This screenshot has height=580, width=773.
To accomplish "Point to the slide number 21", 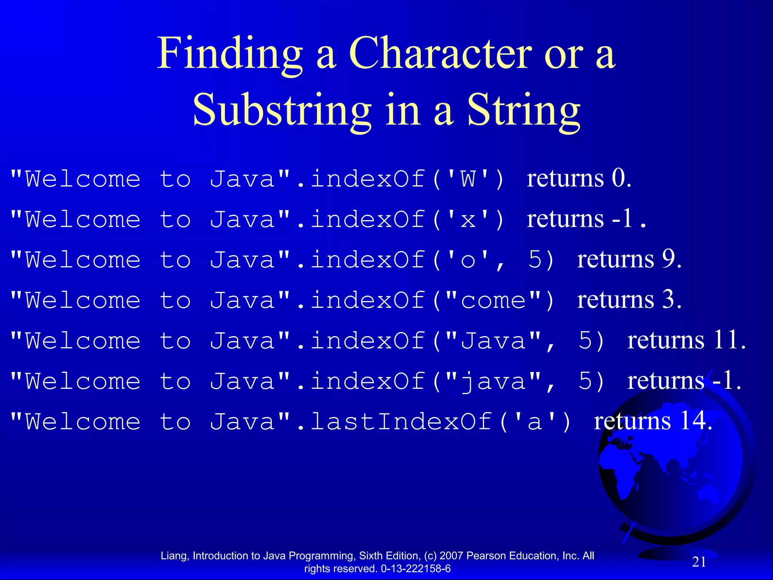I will click(x=699, y=562).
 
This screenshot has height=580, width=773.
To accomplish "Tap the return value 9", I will click(x=669, y=259).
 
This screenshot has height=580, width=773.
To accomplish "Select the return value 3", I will click(x=669, y=299).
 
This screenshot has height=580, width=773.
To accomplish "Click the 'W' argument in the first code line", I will click(x=468, y=179).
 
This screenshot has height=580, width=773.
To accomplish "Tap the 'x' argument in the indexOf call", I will click(x=468, y=219).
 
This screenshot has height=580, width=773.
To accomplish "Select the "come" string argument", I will click(x=493, y=301).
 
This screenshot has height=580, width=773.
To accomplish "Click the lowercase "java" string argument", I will click(x=493, y=381).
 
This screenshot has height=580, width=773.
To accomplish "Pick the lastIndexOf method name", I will click(x=401, y=421).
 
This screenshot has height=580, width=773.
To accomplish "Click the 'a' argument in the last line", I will click(x=535, y=421).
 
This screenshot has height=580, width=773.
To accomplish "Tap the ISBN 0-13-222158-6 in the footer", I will click(x=416, y=569).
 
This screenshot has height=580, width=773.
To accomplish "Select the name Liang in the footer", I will click(x=174, y=556).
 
